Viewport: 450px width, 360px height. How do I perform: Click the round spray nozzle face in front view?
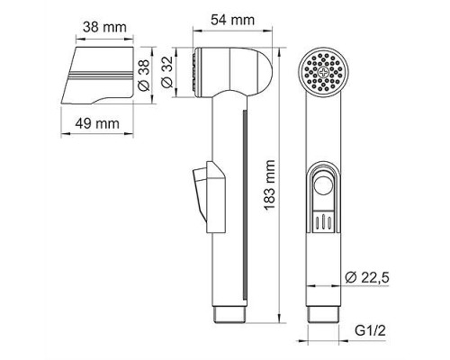click(322, 71)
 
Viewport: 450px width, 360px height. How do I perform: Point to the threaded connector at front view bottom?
click(322, 312)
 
